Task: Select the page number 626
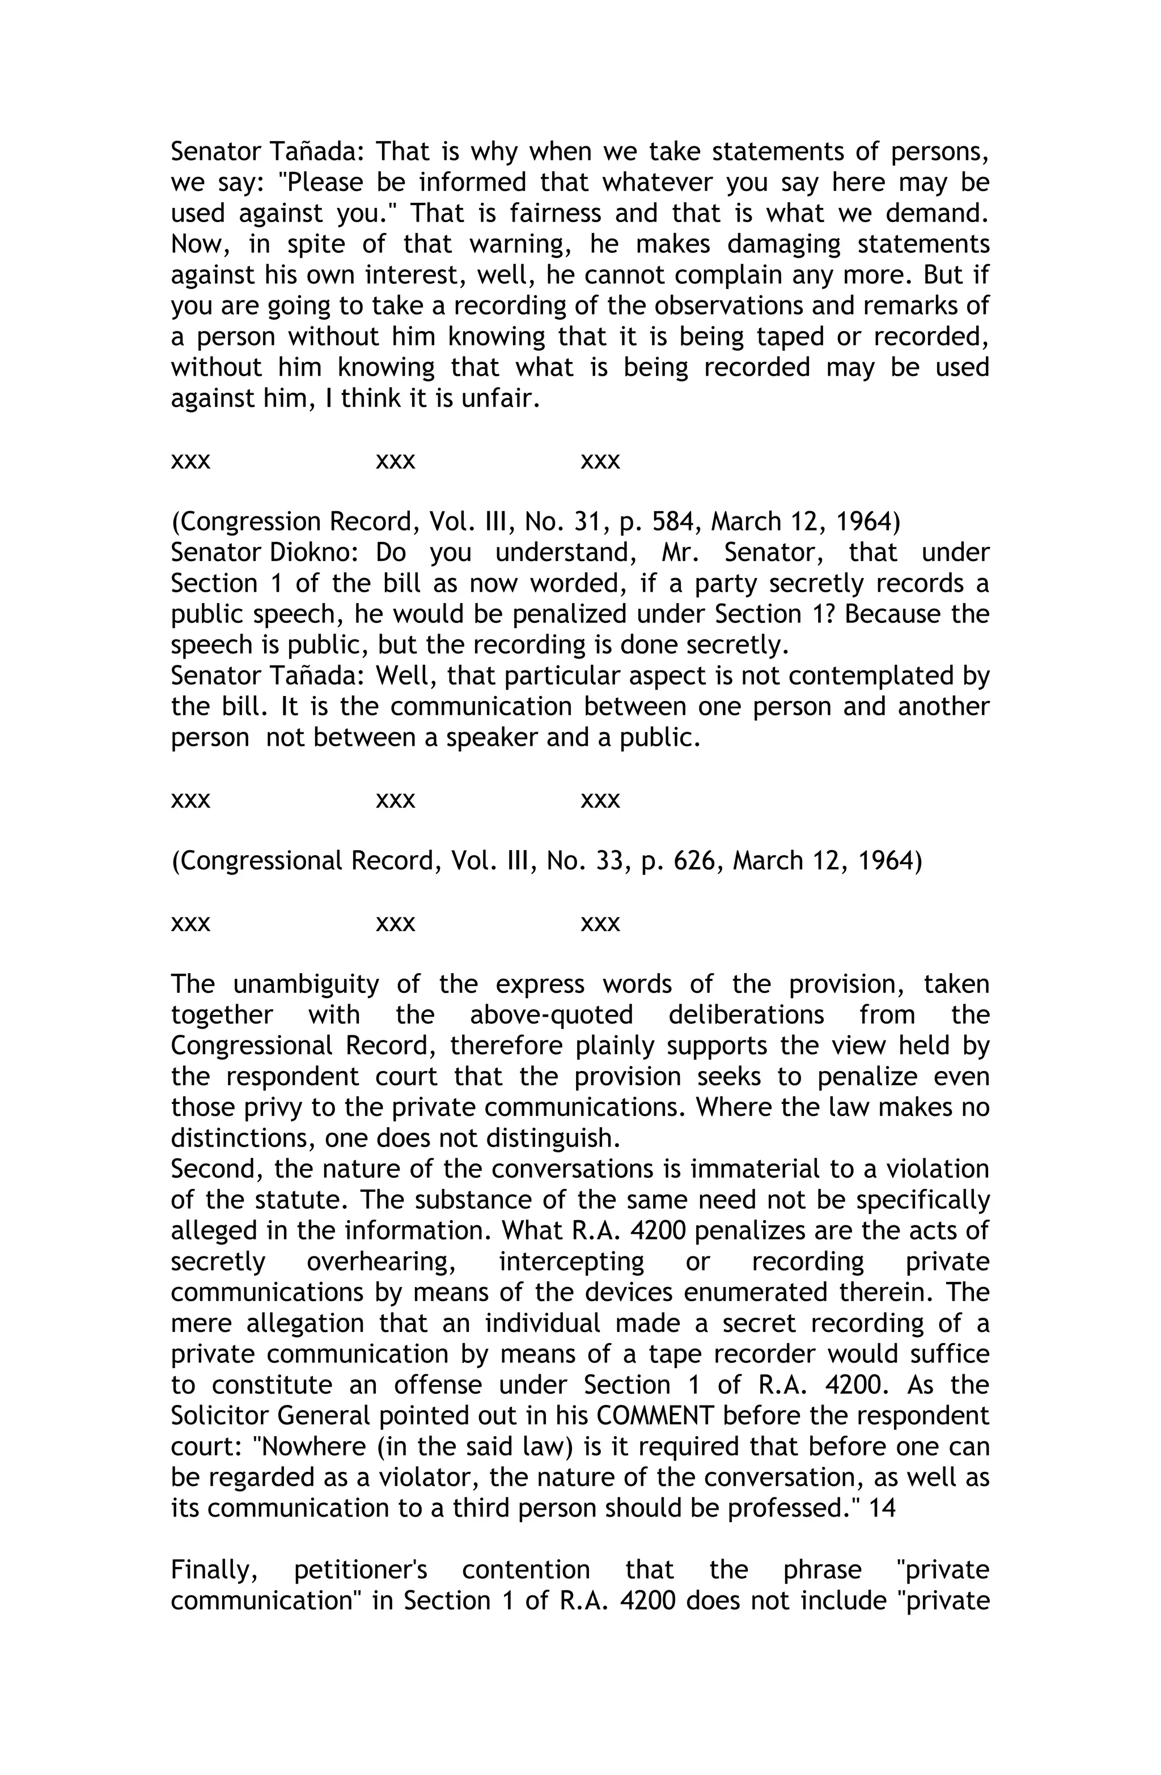[x=698, y=861]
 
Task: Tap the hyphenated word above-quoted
[x=552, y=1015]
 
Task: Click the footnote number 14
[x=883, y=1508]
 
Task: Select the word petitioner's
[x=361, y=1570]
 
